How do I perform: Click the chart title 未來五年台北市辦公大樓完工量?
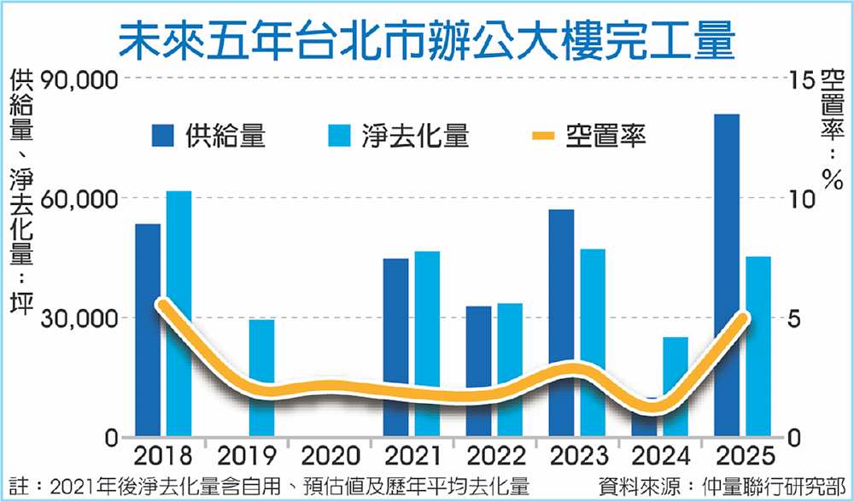point(427,40)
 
